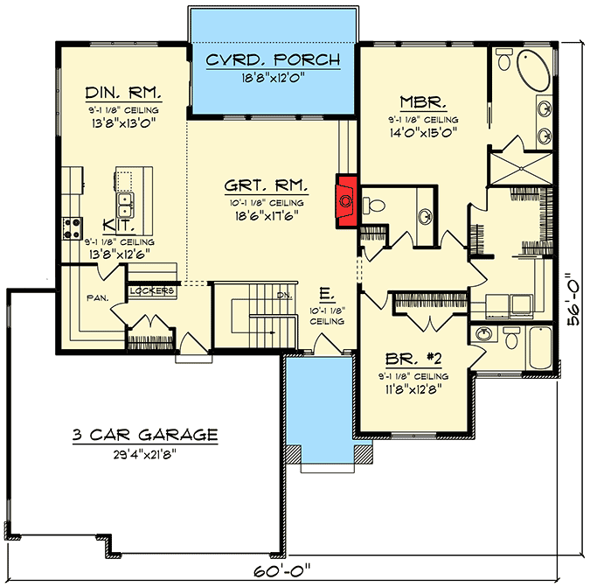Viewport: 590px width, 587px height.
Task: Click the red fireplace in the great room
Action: [346, 200]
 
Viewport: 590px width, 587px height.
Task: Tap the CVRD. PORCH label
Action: [273, 59]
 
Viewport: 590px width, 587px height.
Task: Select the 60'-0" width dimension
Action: [282, 570]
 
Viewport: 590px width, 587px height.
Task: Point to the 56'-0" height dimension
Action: [574, 298]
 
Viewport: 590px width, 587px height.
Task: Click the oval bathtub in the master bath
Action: [533, 70]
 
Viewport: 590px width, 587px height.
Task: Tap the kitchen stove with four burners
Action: [72, 228]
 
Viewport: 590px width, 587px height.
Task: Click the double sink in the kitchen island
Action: [124, 205]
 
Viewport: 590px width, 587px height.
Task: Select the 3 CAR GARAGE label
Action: [145, 435]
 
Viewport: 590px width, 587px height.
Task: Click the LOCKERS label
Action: [152, 290]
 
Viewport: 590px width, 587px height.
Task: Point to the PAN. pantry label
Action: [97, 298]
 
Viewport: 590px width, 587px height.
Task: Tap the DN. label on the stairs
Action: [284, 295]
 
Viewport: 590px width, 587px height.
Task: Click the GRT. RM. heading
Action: [267, 185]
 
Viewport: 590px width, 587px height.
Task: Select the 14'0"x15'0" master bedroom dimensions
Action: [423, 133]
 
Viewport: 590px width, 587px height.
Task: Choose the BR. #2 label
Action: [413, 359]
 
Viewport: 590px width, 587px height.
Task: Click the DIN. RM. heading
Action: [123, 93]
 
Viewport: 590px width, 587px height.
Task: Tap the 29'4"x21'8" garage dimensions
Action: [145, 454]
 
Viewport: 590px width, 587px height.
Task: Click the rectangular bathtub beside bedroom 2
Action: [540, 347]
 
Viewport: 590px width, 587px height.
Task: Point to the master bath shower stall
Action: [521, 168]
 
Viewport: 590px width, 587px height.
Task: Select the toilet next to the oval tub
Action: [503, 59]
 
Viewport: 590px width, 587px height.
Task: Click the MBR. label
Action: [423, 102]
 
